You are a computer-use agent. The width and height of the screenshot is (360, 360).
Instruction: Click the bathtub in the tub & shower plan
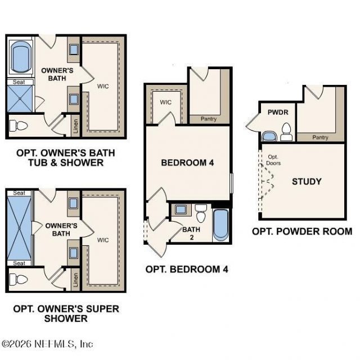tap(21, 56)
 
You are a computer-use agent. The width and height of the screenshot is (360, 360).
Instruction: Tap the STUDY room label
tap(307, 182)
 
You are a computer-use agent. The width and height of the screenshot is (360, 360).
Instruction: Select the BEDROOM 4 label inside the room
tap(187, 163)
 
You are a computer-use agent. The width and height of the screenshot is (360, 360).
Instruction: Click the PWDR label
tap(278, 112)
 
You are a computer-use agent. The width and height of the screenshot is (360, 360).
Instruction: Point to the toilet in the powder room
tap(286, 132)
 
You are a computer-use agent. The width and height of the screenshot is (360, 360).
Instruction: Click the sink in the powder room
tap(269, 136)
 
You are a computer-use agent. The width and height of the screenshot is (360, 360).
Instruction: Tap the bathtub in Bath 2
tap(221, 225)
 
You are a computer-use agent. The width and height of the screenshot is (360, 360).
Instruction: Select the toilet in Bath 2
tap(201, 214)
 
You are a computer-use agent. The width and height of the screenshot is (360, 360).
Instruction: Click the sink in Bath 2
tap(181, 209)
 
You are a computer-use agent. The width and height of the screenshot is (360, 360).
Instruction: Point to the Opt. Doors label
tap(273, 160)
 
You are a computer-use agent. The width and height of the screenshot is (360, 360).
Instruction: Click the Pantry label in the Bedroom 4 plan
tap(209, 119)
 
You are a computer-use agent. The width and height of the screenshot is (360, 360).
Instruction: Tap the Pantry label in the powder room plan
tap(320, 137)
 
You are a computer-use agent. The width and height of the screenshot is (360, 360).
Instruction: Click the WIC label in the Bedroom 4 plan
tap(166, 102)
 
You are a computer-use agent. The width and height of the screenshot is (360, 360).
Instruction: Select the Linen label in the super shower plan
tap(75, 280)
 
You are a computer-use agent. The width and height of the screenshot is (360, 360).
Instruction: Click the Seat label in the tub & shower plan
tap(19, 82)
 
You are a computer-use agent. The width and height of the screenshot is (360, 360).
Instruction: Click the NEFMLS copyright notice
tap(47, 344)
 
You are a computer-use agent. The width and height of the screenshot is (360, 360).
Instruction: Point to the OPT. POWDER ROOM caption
tap(302, 231)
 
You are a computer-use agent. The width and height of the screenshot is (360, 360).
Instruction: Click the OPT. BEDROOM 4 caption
tap(187, 269)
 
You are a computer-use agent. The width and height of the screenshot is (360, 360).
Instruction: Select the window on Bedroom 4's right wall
tap(231, 183)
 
